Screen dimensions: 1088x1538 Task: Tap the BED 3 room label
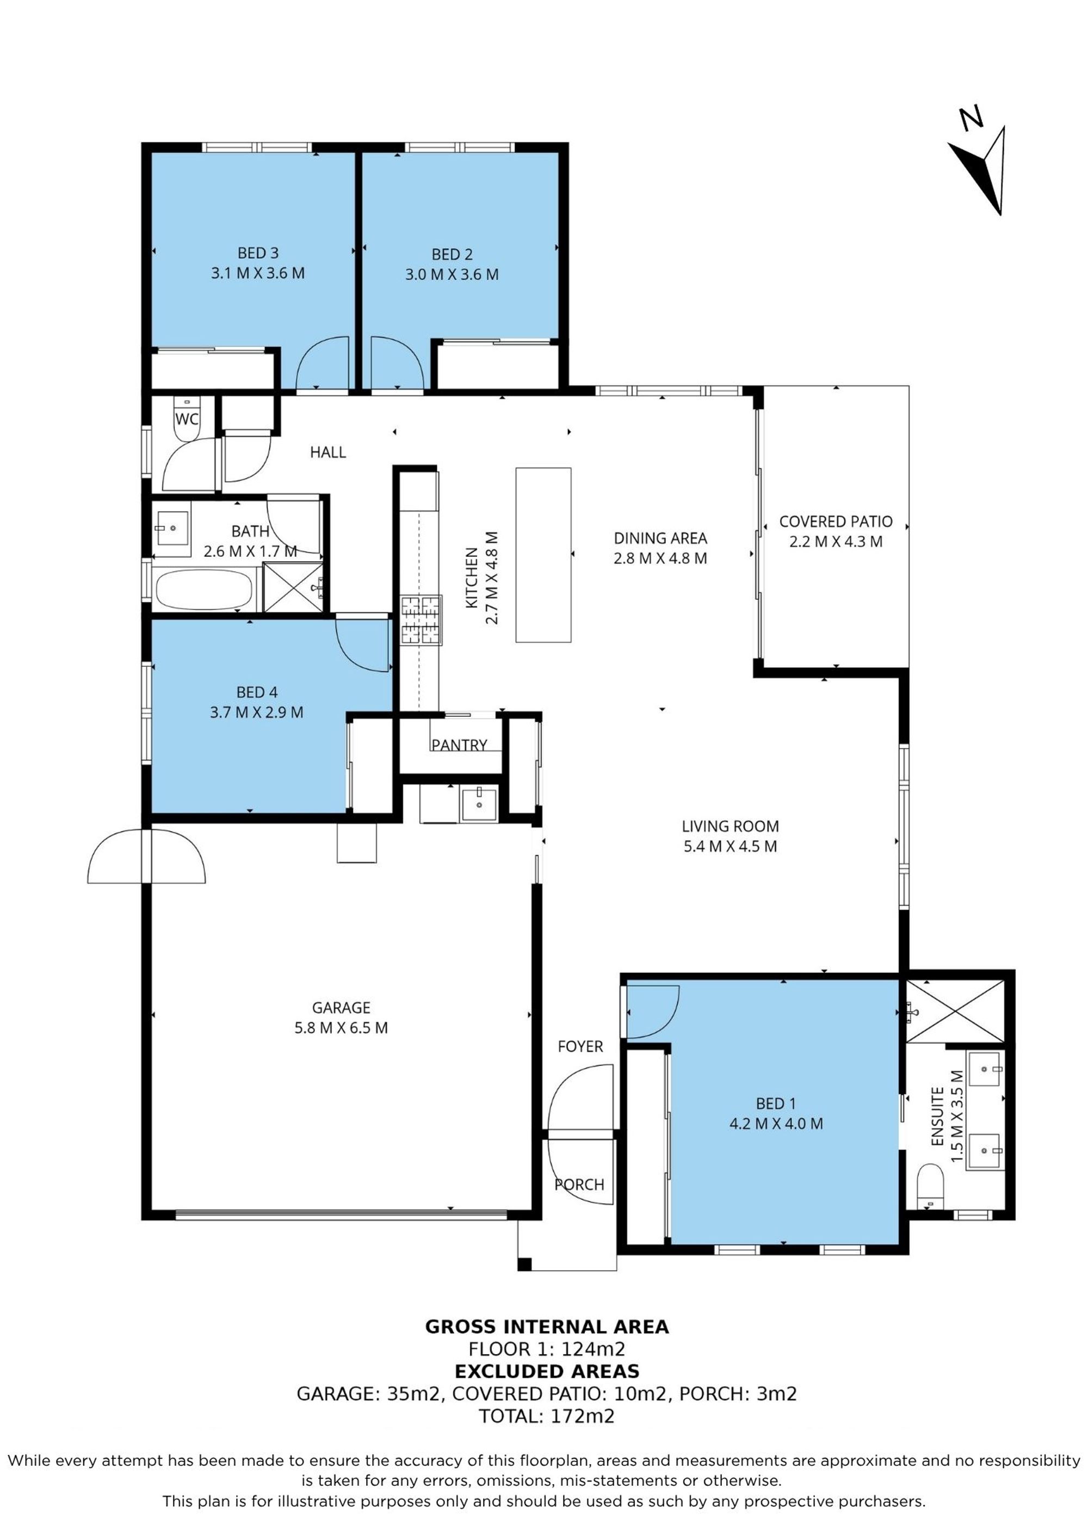pos(258,252)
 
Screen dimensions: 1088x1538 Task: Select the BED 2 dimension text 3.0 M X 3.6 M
pos(452,274)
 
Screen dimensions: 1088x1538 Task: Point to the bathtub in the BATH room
pos(205,590)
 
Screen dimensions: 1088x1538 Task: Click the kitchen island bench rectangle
pos(543,555)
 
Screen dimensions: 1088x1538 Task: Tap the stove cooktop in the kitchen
pos(422,621)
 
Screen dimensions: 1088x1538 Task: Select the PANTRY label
pos(459,745)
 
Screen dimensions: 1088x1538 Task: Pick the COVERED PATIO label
pos(836,521)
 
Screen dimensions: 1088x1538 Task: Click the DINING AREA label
pos(660,538)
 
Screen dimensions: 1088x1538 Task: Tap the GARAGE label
pos(341,1007)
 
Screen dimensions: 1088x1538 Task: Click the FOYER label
pos(580,1046)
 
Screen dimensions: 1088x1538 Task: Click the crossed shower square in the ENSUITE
pos(955,1011)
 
